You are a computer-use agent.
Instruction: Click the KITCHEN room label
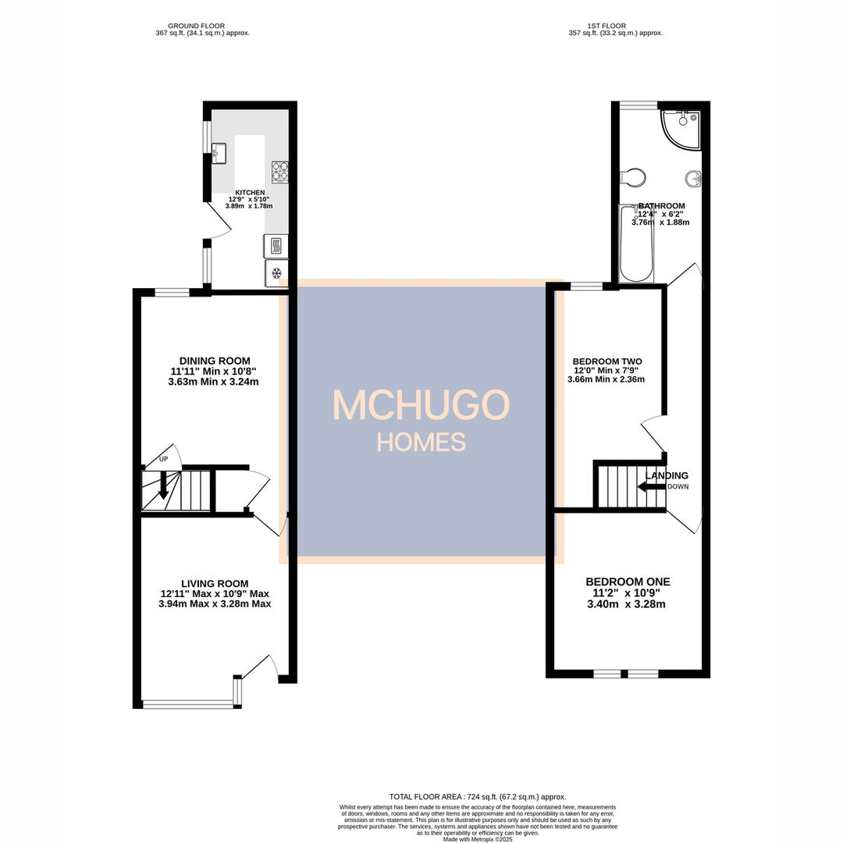[x=251, y=192]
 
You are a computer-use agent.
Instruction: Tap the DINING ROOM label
[x=214, y=361]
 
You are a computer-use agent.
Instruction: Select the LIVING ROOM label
[x=215, y=583]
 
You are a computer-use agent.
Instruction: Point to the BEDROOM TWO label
[x=606, y=361]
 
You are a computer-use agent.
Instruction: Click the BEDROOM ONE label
[x=628, y=582]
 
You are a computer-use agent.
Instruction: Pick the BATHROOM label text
[x=661, y=206]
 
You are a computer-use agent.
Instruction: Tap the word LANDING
[x=667, y=475]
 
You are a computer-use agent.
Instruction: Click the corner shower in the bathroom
[x=680, y=127]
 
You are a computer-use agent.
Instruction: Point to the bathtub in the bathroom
[x=635, y=244]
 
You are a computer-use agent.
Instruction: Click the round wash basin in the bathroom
[x=692, y=180]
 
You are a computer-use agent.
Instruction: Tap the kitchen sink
[x=219, y=151]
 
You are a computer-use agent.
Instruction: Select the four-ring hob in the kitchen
[x=279, y=170]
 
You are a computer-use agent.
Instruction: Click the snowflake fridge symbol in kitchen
[x=276, y=273]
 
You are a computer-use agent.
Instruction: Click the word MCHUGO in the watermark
[x=421, y=405]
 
